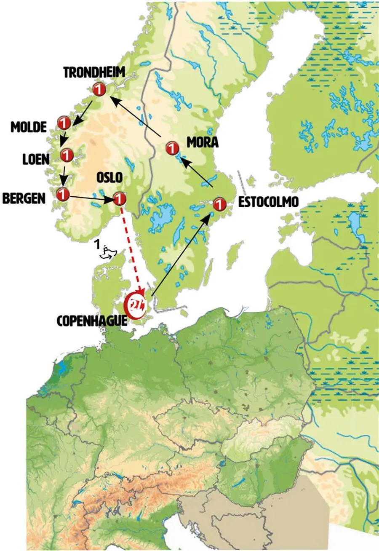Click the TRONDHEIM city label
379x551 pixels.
pos(94,72)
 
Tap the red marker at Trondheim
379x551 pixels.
pos(99,89)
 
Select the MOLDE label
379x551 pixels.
pos(29,127)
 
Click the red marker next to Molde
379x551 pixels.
pos(64,123)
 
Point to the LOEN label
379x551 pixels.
pos(36,159)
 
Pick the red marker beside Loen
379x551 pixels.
pos(67,155)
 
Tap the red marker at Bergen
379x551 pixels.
pos(63,195)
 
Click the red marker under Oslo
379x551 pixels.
pos(119,198)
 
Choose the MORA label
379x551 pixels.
pos(203,142)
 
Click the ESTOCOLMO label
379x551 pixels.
pos(268,202)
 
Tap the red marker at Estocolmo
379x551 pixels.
pos(219,205)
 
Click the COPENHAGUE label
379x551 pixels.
pos(92,321)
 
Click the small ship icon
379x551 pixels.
pos(107,252)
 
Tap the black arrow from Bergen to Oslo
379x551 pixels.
pos(91,198)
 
